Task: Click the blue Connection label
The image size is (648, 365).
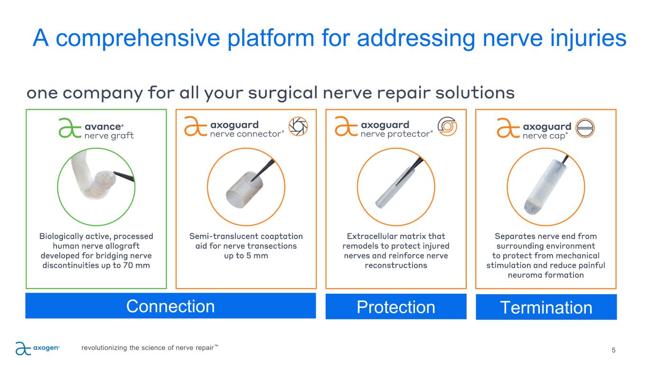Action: [170, 306]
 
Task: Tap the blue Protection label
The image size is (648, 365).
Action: [396, 307]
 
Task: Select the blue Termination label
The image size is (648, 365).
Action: [546, 307]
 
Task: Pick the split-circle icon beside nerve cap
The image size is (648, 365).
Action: [585, 128]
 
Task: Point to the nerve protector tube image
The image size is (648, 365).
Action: [395, 188]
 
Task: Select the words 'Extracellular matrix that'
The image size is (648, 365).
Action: [395, 236]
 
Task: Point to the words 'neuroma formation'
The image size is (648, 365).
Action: [546, 275]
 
